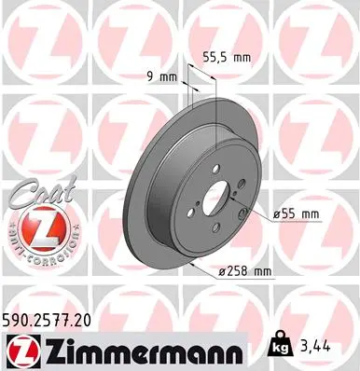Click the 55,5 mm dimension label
coord(227,57)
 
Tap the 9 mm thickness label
coord(161,76)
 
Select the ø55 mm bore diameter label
coord(296,214)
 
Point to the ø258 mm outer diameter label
coord(244,271)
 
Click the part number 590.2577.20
coord(47,321)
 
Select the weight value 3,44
coord(314,347)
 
